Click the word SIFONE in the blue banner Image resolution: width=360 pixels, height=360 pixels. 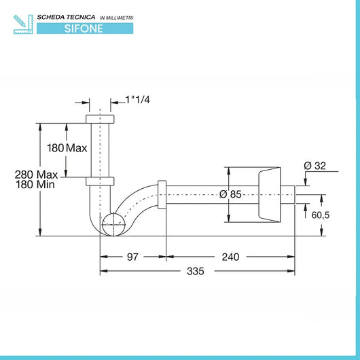[x=84, y=29]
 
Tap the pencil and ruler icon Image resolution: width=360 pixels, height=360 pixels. [x=23, y=24]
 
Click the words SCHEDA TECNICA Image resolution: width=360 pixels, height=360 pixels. [x=66, y=17]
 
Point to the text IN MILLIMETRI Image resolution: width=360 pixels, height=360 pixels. [x=116, y=18]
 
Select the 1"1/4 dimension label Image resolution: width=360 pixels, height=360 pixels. [x=137, y=100]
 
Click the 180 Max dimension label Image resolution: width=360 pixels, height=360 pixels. [x=67, y=148]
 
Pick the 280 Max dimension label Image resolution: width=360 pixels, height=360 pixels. [x=36, y=175]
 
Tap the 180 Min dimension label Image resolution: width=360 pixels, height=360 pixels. [x=35, y=185]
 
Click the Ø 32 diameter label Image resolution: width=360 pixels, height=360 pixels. [x=314, y=166]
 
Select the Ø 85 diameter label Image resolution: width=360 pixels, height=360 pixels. [x=230, y=194]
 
